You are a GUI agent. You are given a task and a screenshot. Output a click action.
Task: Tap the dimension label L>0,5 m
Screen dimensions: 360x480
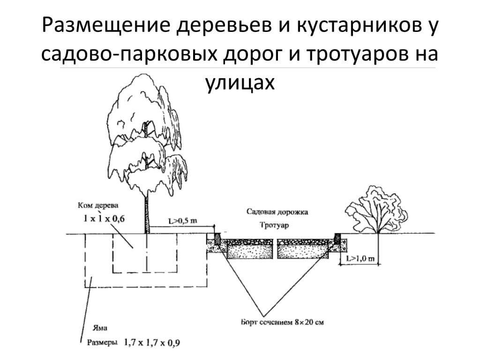click(x=182, y=221)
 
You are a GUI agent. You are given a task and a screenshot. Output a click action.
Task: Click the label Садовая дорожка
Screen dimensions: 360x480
click(x=277, y=212)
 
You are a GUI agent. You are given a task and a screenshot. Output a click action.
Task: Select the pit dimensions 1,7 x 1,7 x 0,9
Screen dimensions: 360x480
click(x=151, y=343)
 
